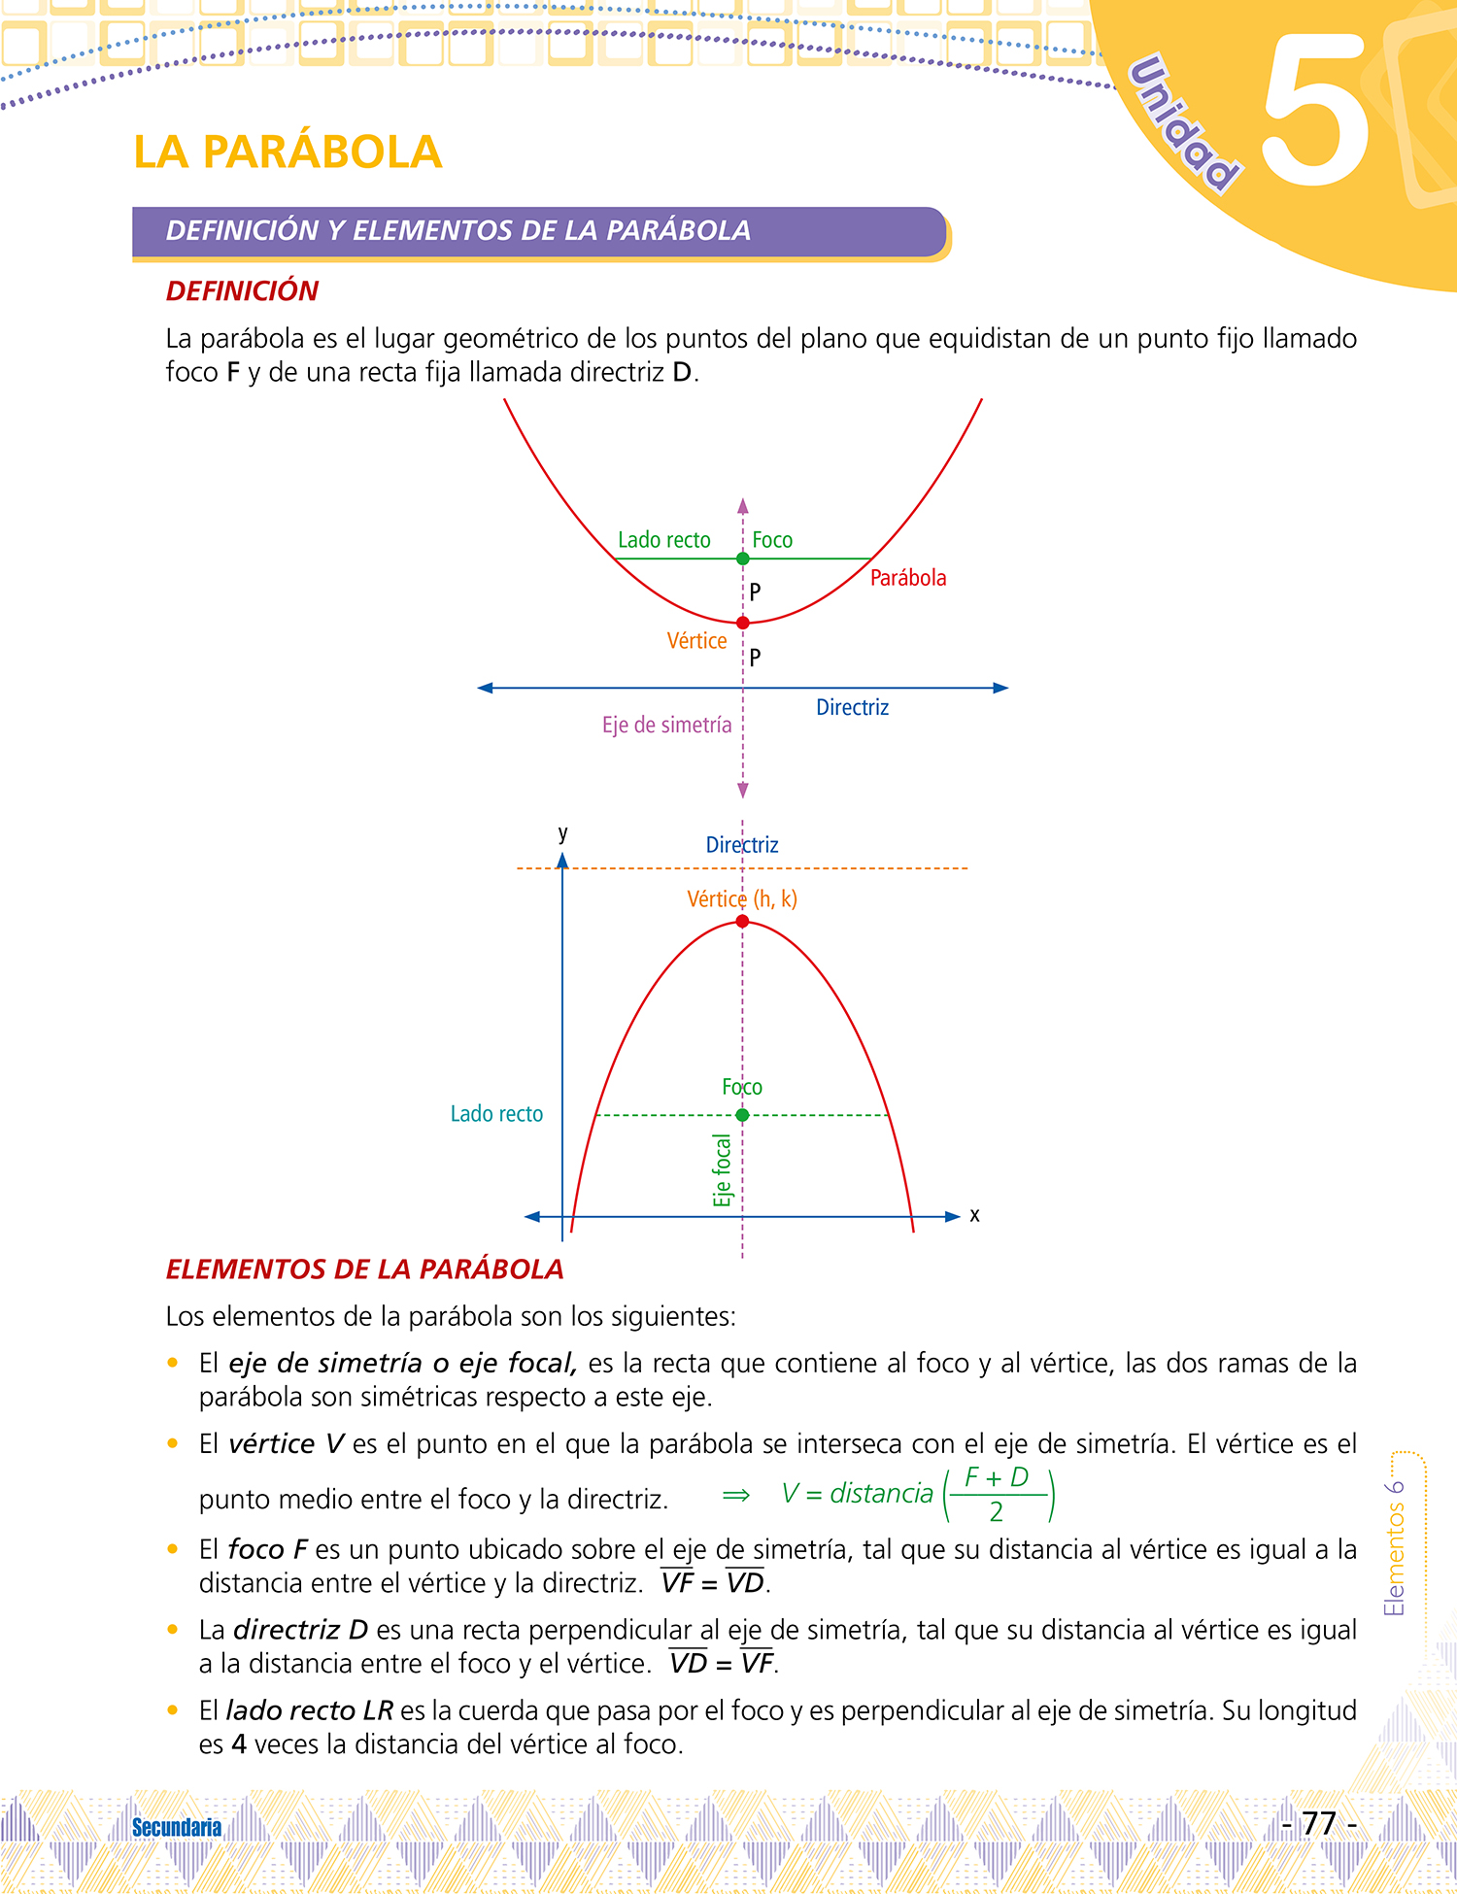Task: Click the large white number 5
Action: tap(1316, 112)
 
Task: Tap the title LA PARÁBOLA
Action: tap(288, 152)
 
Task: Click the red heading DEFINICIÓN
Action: tap(242, 290)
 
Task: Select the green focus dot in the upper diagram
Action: tap(743, 558)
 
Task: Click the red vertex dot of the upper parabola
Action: tap(743, 623)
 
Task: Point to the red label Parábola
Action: tap(907, 578)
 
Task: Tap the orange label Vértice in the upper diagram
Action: tap(696, 641)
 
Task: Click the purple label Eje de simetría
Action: tap(666, 726)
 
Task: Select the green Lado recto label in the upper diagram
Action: tap(664, 540)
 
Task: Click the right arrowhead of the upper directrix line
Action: tap(1001, 688)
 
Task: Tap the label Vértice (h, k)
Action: tap(742, 899)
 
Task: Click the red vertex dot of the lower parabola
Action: tap(743, 921)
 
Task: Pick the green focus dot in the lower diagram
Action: tap(743, 1115)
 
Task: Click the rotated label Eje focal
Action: tap(722, 1170)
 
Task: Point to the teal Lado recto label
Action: tap(496, 1114)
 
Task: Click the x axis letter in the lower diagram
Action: tap(974, 1215)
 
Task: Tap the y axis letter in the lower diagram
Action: tap(562, 833)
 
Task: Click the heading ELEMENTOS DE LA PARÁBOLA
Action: tap(364, 1269)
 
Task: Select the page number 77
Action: tap(1319, 1823)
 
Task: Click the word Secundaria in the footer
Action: tap(177, 1827)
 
